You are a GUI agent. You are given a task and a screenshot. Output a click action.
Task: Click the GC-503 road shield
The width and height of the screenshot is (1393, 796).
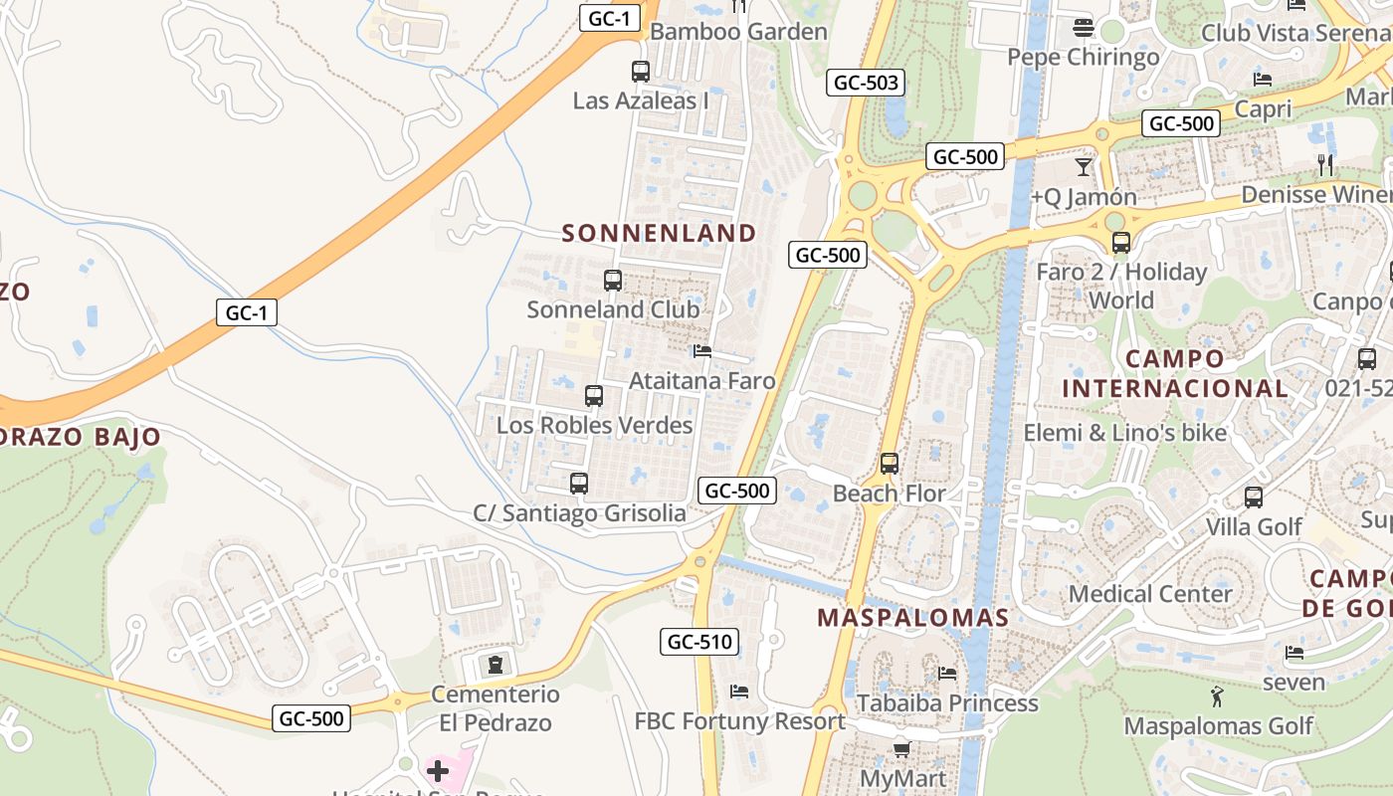[x=866, y=83]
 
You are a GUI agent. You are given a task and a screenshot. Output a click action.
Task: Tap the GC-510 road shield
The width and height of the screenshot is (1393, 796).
[x=700, y=642]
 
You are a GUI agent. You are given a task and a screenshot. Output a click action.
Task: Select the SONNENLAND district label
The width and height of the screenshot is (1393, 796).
[x=660, y=233]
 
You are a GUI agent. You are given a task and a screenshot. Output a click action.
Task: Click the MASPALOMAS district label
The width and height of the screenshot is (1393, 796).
[x=912, y=617]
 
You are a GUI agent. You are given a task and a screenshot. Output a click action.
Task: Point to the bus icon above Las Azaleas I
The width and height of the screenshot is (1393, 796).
[x=641, y=72]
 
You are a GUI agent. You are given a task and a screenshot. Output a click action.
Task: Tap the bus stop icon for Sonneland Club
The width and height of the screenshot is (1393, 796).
[x=613, y=281]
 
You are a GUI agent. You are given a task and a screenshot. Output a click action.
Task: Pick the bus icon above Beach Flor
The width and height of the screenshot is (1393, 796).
[x=890, y=464]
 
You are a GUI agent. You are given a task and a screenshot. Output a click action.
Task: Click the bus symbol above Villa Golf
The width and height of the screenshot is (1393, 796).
[x=1254, y=497]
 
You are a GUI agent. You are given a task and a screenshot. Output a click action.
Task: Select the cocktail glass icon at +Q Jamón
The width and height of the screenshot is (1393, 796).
[x=1084, y=167]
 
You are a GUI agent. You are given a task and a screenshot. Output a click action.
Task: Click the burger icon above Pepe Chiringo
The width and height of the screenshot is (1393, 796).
[x=1084, y=28]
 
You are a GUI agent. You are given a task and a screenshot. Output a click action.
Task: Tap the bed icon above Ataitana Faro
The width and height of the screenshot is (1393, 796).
[x=702, y=351]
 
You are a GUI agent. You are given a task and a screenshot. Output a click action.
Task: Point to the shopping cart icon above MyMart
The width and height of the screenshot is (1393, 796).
[x=901, y=748]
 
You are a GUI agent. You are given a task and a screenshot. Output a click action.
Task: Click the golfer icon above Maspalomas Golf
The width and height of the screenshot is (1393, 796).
[x=1216, y=696]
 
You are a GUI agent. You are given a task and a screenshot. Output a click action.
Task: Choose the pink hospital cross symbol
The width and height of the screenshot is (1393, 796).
[x=438, y=771]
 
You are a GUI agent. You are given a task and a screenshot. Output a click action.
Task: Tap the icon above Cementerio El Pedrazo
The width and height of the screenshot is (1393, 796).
[x=495, y=664]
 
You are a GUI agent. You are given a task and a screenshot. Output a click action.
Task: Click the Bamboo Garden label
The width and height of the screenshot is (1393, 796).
[x=738, y=32]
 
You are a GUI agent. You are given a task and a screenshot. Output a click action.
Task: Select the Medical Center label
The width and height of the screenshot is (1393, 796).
[x=1150, y=594]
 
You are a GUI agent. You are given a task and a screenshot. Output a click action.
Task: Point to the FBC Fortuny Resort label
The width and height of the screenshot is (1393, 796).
[x=740, y=721]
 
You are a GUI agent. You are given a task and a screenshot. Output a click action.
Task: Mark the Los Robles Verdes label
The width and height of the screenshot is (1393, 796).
[x=594, y=426]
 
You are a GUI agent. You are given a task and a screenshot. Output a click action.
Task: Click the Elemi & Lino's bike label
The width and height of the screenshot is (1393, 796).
[x=1125, y=433]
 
